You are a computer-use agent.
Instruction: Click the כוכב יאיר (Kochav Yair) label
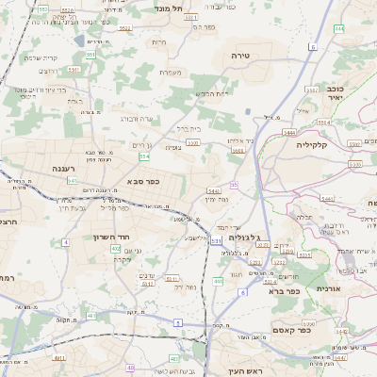point(336,90)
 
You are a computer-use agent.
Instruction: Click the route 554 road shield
point(144,157)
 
